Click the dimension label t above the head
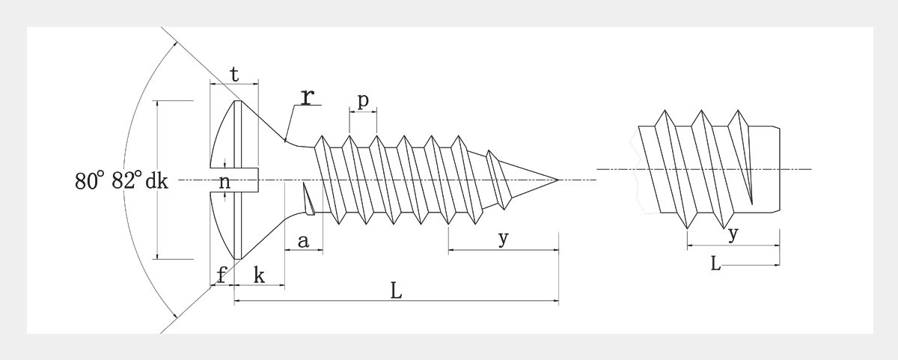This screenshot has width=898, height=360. (234, 74)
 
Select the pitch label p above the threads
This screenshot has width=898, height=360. (363, 101)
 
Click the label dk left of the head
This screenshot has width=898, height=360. (157, 181)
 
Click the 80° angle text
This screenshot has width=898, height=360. (90, 181)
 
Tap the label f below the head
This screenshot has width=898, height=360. (222, 274)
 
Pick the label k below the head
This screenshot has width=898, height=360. (259, 274)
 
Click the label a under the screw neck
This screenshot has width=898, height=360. (303, 241)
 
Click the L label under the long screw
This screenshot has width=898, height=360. (397, 290)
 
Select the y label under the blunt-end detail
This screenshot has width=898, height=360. (733, 234)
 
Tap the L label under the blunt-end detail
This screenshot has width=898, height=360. (716, 263)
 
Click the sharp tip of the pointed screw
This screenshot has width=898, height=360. (558, 180)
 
